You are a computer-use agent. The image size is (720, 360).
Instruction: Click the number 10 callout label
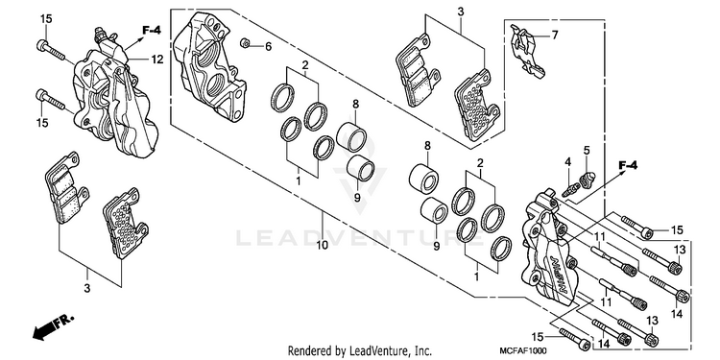pos(322,245)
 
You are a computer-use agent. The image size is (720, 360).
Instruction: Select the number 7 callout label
pos(555,35)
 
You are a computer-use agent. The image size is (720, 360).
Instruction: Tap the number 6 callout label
pos(268,46)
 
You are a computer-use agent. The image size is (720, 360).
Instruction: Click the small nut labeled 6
pos(245,44)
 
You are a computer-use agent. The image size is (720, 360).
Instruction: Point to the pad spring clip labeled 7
pos(527,52)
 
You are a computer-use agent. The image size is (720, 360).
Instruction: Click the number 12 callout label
pos(157,60)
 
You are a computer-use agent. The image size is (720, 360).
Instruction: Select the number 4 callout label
pos(568,162)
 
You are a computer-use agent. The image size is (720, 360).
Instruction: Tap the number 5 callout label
pos(587,150)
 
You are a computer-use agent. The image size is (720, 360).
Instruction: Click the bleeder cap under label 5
pos(587,180)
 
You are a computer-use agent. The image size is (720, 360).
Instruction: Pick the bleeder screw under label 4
pos(571,190)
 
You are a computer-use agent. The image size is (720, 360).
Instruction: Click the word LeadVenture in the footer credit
pos(378,351)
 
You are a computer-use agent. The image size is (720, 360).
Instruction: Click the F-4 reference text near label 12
pos(151,31)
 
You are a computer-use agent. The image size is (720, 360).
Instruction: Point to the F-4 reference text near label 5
pos(628,165)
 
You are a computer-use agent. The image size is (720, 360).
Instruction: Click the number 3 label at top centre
pos(460,12)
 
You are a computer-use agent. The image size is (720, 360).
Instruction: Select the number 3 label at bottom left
pos(87,288)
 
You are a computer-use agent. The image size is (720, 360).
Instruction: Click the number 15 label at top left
pos(46,19)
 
